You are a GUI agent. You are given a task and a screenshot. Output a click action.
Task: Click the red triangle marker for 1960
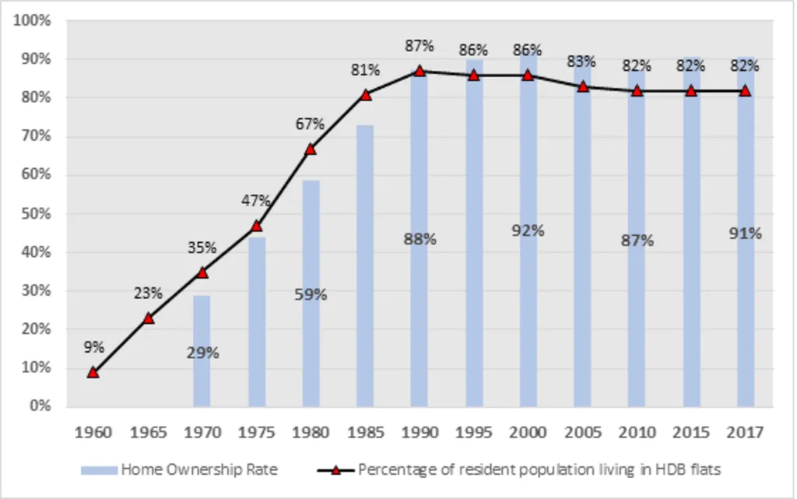(x=93, y=372)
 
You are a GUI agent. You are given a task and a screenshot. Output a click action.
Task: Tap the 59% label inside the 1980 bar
(x=311, y=295)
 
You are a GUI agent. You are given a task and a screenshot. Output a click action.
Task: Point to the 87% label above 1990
(x=420, y=46)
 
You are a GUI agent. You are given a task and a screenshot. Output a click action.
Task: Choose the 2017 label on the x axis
(x=745, y=432)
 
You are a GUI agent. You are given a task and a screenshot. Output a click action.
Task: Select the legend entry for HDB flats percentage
(x=521, y=469)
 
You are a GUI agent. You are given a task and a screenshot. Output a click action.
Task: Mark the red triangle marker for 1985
(x=365, y=94)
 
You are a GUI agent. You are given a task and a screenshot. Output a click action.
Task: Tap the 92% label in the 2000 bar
(x=528, y=230)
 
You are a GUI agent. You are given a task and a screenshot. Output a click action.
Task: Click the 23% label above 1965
(x=148, y=293)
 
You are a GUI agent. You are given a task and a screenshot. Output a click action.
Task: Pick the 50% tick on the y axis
(x=36, y=213)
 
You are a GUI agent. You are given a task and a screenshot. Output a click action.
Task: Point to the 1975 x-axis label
(x=256, y=432)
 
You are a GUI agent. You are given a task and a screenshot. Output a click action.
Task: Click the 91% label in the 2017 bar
(x=745, y=233)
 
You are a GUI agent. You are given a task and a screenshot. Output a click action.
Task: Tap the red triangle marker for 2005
(x=582, y=86)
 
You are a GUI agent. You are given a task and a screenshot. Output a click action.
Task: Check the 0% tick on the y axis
(x=39, y=406)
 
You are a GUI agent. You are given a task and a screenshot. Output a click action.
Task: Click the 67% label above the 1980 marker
(x=311, y=125)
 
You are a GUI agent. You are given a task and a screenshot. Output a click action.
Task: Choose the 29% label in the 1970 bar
(x=202, y=353)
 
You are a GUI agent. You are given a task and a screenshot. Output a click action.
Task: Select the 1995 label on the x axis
(x=473, y=432)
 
